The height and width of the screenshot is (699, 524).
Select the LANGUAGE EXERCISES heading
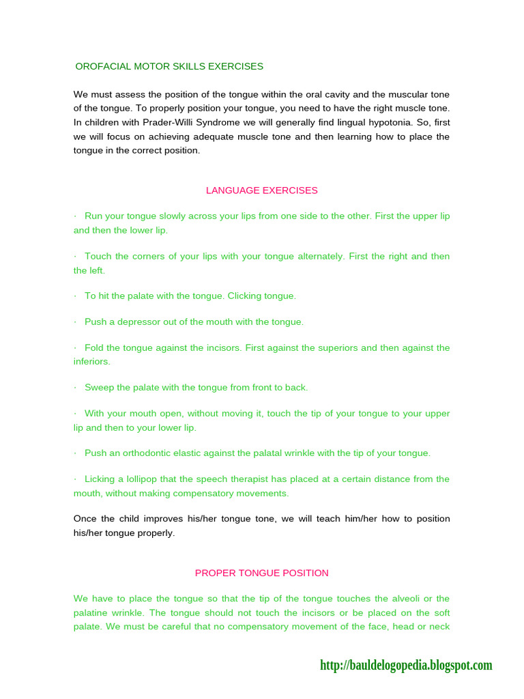262,190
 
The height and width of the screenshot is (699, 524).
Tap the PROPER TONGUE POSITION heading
262,573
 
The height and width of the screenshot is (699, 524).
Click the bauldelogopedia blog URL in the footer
406,665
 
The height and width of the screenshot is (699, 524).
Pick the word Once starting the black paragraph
85,519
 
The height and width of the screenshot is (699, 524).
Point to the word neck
439,626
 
